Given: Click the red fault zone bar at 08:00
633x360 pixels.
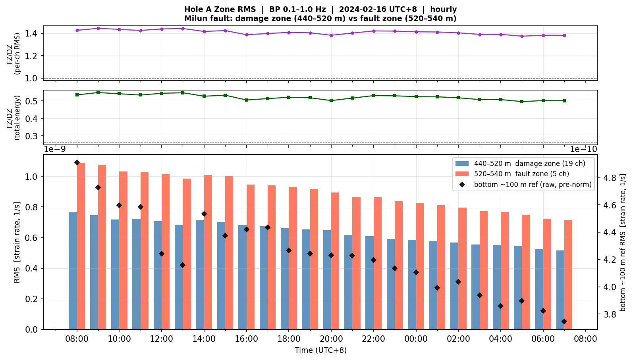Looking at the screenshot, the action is (x=81, y=246).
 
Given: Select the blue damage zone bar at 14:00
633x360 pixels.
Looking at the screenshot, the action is (x=200, y=275).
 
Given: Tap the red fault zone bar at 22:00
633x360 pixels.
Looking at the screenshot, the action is (x=378, y=263).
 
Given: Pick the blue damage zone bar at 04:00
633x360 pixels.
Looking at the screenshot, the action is (x=497, y=287).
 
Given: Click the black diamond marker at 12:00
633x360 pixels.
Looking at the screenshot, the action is (x=162, y=254).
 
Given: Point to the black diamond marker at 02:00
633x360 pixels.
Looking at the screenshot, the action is (x=458, y=282).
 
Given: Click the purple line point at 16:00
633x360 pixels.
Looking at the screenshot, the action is (x=247, y=35).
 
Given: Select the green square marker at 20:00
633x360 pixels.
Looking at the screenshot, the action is (x=332, y=100).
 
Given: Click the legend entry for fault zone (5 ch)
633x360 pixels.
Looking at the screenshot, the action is (x=512, y=174).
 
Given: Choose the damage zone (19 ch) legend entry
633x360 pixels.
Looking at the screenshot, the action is (x=520, y=164).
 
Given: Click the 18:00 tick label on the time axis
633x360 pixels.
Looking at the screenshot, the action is (x=289, y=339).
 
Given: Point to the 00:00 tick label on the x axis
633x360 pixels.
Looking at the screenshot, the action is (x=416, y=339).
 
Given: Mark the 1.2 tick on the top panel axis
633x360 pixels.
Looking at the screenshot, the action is (x=32, y=56).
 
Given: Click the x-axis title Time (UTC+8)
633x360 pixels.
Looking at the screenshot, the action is (x=320, y=350).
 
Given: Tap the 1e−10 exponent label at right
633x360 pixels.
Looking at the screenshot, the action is (x=583, y=149).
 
